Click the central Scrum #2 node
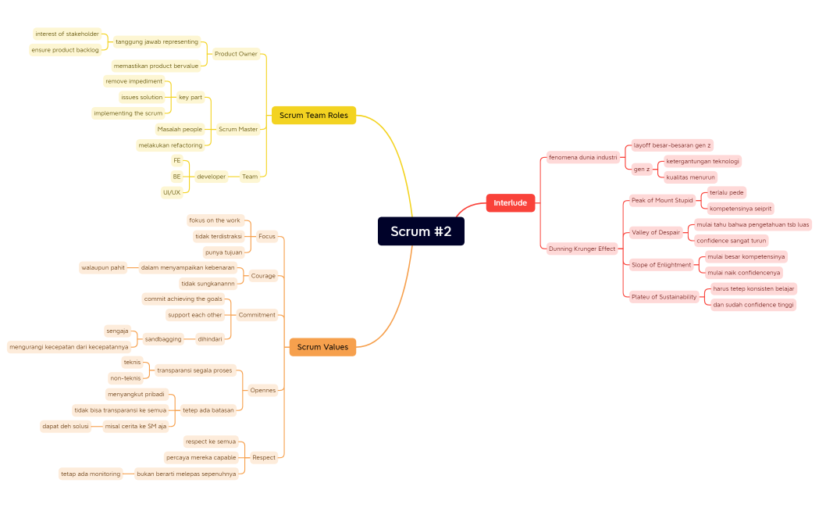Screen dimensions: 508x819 coord(421,231)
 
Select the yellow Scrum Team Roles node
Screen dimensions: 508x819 coord(314,115)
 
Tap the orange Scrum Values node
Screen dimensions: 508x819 coord(322,347)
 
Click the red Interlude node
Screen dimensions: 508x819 coord(510,203)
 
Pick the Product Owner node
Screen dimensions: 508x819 coord(236,54)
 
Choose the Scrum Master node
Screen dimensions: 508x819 coord(237,129)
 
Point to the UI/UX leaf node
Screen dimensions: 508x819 coord(172,192)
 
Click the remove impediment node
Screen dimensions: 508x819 coord(134,81)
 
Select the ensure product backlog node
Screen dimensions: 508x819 coord(66,50)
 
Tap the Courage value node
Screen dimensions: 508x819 coord(263,276)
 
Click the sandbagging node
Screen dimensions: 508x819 coord(163,339)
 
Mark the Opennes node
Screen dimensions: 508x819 coord(263,390)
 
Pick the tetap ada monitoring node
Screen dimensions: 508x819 coord(91,474)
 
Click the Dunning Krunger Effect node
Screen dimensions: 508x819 coord(582,249)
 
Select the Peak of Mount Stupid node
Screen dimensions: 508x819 coord(662,200)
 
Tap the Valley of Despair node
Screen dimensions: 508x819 coord(656,232)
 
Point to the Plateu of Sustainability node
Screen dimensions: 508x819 coord(664,297)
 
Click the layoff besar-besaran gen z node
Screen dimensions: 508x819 coord(672,145)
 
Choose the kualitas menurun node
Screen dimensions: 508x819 coord(690,177)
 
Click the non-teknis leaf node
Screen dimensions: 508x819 coord(126,378)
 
